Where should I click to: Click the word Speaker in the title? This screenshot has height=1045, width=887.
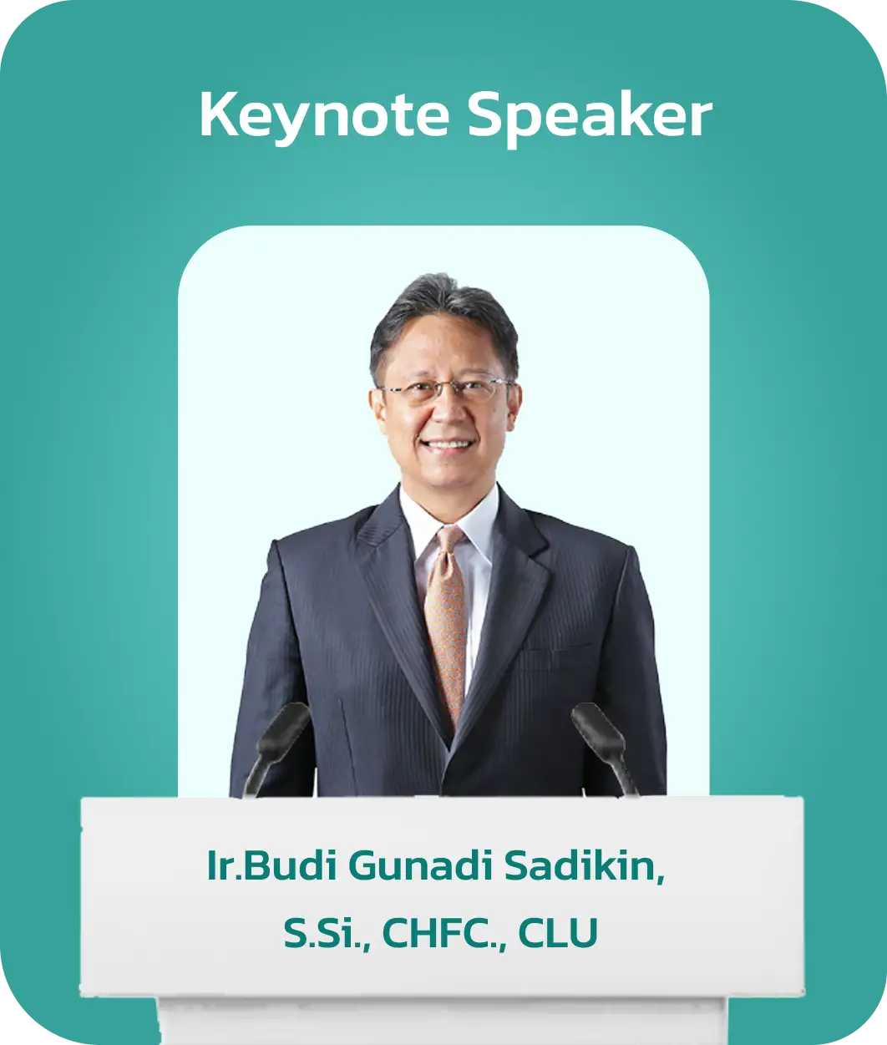[x=589, y=115]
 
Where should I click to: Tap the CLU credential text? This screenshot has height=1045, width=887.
[x=557, y=933]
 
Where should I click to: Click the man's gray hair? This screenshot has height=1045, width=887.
[x=443, y=313]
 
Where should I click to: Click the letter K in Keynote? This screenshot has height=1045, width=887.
[x=215, y=115]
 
